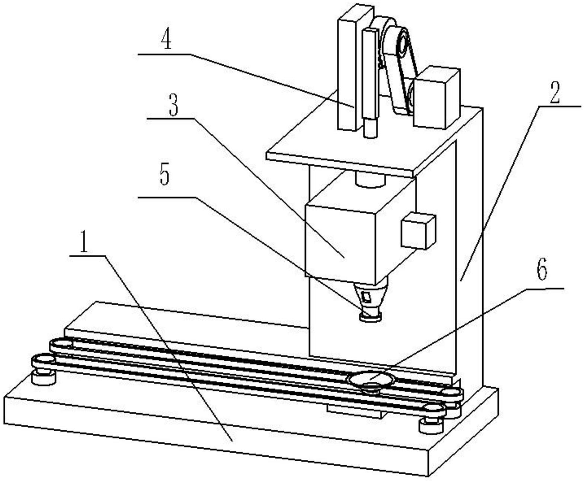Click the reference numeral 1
85,243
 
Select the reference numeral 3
172,105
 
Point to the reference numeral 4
166,41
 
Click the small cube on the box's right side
418,230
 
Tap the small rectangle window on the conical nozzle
367,297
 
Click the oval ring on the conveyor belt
371,380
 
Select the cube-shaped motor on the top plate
435,98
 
